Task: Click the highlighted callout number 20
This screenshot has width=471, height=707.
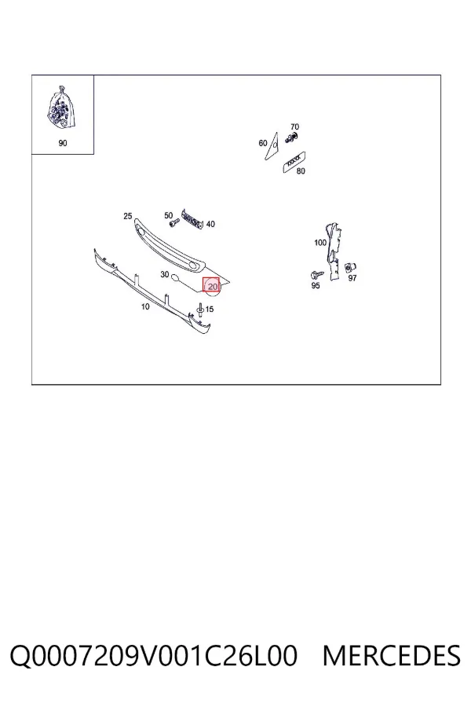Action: (213, 286)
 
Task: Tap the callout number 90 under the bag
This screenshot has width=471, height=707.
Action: (63, 143)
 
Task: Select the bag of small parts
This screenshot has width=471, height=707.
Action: (61, 108)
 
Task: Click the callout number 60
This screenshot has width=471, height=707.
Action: (263, 143)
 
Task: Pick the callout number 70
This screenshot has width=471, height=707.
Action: (294, 126)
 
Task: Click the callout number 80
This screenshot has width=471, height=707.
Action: (301, 171)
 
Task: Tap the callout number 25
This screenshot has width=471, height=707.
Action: (127, 216)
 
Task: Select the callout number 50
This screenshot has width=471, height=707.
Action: (169, 215)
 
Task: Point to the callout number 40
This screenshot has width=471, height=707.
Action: (210, 224)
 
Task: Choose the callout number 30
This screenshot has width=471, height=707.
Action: (165, 274)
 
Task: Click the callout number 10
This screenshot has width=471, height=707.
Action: (145, 306)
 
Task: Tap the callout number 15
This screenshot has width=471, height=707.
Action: (210, 310)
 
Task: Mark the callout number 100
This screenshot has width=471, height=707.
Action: (320, 243)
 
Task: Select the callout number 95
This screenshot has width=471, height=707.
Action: (316, 285)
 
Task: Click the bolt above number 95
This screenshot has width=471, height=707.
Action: (317, 275)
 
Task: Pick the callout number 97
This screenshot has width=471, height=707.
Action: (352, 278)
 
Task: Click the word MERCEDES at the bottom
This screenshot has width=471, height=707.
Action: (392, 656)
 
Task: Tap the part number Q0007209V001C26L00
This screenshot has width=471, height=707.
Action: (154, 656)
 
